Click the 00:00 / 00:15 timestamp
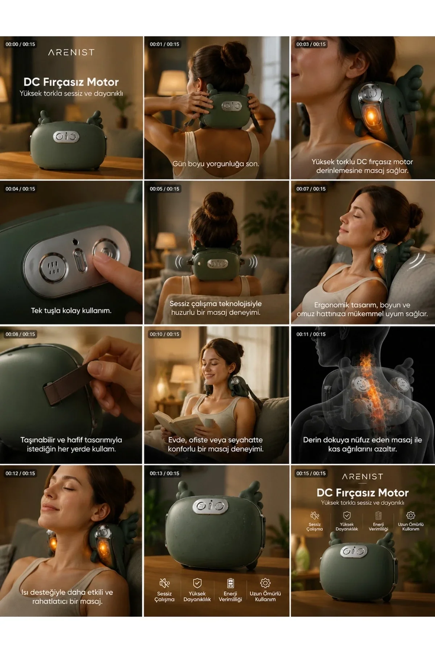[20, 44]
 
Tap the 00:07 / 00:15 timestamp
[311, 189]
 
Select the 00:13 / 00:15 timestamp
[165, 473]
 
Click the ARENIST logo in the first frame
[71, 53]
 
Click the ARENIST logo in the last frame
[362, 477]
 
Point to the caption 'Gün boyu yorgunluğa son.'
[216, 164]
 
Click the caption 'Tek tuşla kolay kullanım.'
[71, 311]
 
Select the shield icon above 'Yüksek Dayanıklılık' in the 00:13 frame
[197, 583]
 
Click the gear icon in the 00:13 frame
[265, 583]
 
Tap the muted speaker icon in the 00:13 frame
[165, 583]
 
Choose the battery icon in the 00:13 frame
[230, 583]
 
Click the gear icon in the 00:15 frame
[411, 516]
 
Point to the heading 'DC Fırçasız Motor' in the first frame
[71, 82]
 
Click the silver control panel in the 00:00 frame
[66, 137]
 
